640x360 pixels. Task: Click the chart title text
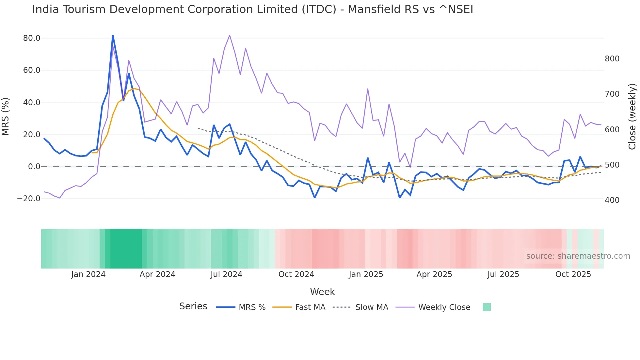(x=252, y=9)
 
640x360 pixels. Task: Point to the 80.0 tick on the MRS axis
(x=32, y=38)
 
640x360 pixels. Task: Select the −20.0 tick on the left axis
(x=29, y=199)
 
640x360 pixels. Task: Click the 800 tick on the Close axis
(x=612, y=59)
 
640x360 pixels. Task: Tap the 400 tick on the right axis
(x=612, y=200)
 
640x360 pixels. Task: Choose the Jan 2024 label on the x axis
(x=88, y=274)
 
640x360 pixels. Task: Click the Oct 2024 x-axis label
(x=296, y=274)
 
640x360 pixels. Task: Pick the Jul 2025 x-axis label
(x=503, y=274)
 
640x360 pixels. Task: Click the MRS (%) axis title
(x=6, y=116)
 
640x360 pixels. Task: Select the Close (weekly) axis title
(x=632, y=116)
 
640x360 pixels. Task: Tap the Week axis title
(x=322, y=292)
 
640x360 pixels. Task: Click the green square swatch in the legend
(x=487, y=307)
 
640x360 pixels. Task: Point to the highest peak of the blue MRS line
(x=113, y=36)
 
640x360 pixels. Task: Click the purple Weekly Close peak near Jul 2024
(x=230, y=36)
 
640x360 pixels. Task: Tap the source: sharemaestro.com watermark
(x=578, y=256)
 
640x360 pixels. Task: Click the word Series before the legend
(x=193, y=306)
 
